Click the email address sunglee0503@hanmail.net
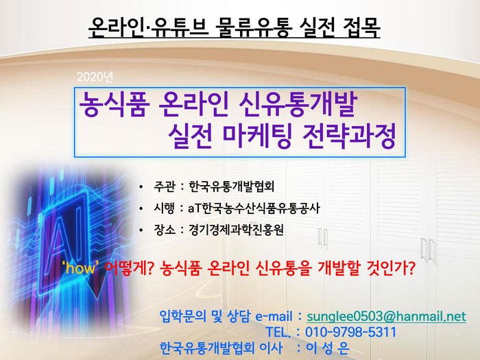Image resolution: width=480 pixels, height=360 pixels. [386, 316]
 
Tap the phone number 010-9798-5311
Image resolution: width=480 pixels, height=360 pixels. [351, 332]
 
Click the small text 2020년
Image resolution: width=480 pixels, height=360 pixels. [95, 77]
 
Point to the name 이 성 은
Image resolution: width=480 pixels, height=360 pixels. [328, 348]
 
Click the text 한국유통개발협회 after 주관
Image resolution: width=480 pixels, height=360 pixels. [232, 186]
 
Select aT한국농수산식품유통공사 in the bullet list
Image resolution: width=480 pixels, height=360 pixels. [254, 208]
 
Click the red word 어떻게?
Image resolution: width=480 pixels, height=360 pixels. [129, 268]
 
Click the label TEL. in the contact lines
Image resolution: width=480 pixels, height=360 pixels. [278, 333]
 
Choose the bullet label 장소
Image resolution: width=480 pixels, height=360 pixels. [165, 230]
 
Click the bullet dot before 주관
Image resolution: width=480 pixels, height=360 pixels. [141, 187]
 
